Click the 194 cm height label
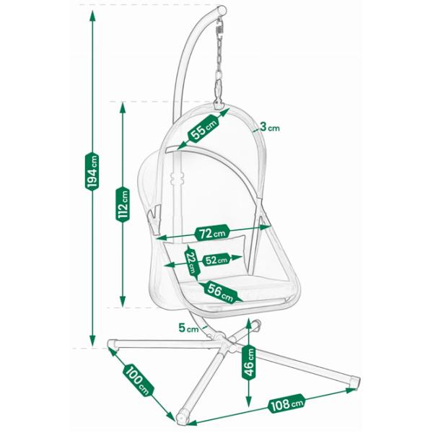(x=92, y=172)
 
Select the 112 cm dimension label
(x=123, y=204)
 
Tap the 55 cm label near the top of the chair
(x=204, y=128)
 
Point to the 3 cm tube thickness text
(x=270, y=127)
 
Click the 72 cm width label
(x=212, y=233)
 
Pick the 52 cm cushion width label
(x=216, y=260)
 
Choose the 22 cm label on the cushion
(x=191, y=261)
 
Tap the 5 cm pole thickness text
(x=188, y=328)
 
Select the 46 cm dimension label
(x=248, y=362)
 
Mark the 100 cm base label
(x=138, y=380)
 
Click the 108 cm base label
(x=287, y=403)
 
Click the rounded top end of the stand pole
(x=222, y=11)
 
